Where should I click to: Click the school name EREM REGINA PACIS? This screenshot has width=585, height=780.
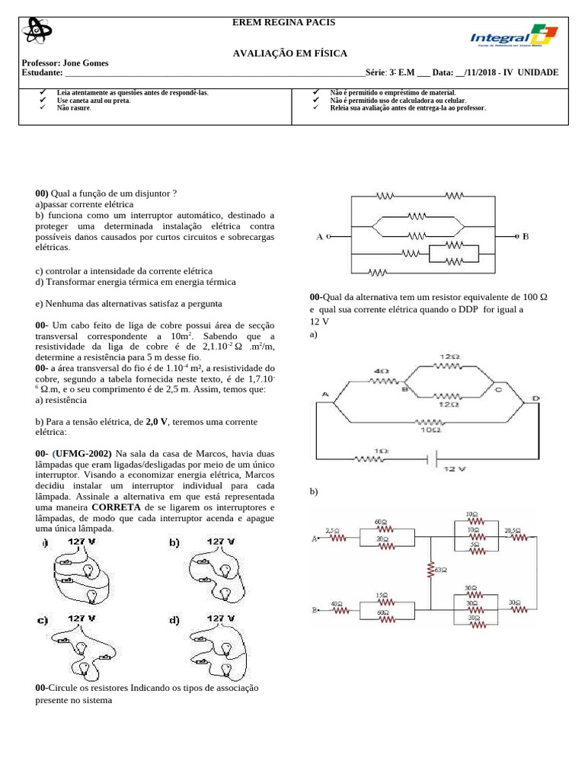(283, 23)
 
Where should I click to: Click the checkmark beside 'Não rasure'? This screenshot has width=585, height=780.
(42, 108)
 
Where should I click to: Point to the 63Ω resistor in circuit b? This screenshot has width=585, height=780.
(430, 569)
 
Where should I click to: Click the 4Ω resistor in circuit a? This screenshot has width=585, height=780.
(381, 379)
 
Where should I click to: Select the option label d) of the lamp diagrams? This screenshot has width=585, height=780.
(174, 620)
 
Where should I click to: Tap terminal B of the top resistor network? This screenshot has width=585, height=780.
(525, 237)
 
